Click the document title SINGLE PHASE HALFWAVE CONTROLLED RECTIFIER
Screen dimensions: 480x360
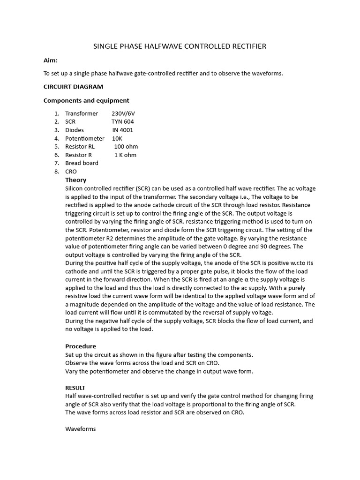(x=180, y=46)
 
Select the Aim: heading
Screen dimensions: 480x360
(x=50, y=60)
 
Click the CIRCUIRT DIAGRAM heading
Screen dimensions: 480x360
(x=73, y=87)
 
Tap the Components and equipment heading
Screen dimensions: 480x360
(x=86, y=100)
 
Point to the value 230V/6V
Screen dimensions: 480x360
(x=123, y=113)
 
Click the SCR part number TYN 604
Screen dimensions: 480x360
(x=122, y=122)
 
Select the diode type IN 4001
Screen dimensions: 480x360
(x=123, y=130)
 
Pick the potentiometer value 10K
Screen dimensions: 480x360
(x=117, y=138)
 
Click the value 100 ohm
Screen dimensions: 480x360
(x=126, y=147)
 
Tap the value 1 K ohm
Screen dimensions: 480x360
(x=125, y=155)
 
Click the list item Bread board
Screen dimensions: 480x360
(x=82, y=163)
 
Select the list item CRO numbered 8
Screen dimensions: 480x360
(x=71, y=172)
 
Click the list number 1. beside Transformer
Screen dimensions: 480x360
(x=57, y=113)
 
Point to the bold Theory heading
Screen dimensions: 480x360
(x=75, y=180)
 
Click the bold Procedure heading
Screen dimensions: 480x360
(x=81, y=346)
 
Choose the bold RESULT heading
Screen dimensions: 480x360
(x=75, y=388)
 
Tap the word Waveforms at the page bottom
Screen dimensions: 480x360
(x=80, y=429)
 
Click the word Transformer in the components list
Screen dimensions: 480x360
(x=82, y=113)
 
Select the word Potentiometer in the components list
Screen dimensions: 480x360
(x=85, y=138)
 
